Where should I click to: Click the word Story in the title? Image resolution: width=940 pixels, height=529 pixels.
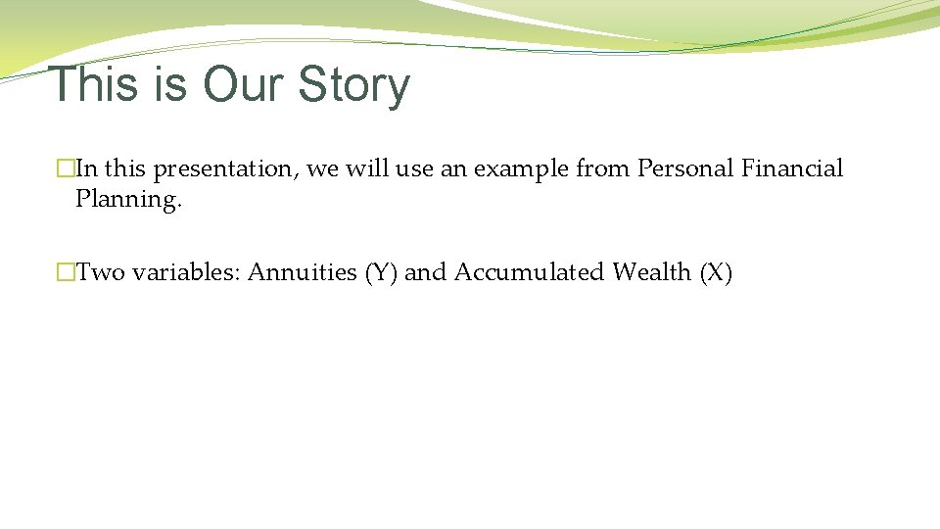353,84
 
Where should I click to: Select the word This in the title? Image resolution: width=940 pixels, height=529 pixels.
93,84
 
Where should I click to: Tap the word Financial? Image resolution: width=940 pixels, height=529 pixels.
792,168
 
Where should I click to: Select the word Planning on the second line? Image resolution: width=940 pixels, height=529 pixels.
128,200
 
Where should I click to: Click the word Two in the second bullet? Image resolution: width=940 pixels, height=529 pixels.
101,272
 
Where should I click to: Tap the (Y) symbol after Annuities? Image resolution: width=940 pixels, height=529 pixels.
381,272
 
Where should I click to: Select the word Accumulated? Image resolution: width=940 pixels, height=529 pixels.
529,272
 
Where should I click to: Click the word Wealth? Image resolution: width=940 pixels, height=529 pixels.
652,272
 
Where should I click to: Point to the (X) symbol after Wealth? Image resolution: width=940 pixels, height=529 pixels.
716,272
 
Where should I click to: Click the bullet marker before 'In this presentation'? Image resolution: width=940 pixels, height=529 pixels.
66,169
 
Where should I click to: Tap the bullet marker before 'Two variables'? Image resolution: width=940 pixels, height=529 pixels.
66,273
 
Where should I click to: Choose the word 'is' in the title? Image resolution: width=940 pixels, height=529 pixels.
169,84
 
